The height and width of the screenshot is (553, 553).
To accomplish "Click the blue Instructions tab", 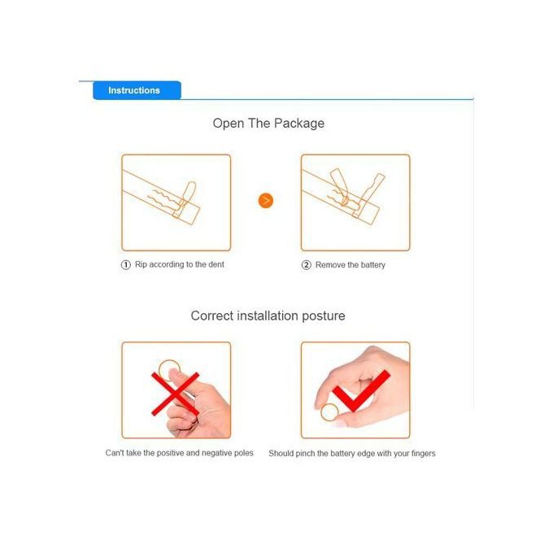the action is click(x=137, y=90).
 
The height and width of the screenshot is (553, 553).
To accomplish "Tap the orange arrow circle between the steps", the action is click(x=266, y=201).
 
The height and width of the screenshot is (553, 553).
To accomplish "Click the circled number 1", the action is click(x=126, y=265).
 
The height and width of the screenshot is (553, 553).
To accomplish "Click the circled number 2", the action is click(x=306, y=265).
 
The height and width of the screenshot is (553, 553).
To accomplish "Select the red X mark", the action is click(x=176, y=394).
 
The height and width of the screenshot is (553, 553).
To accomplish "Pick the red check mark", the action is click(x=361, y=391).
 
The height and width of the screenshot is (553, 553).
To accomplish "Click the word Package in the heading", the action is click(x=299, y=124).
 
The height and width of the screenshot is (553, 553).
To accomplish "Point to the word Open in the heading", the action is click(x=229, y=124).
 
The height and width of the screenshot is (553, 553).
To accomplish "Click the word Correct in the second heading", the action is click(x=212, y=316).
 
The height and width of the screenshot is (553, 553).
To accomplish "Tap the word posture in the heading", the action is click(x=324, y=316).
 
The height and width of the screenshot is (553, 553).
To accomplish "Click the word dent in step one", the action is click(x=216, y=264).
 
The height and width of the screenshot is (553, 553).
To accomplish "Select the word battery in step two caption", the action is click(x=373, y=265).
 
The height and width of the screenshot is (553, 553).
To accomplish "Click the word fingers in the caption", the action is click(x=423, y=453).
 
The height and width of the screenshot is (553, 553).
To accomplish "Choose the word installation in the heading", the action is click(x=268, y=316).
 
